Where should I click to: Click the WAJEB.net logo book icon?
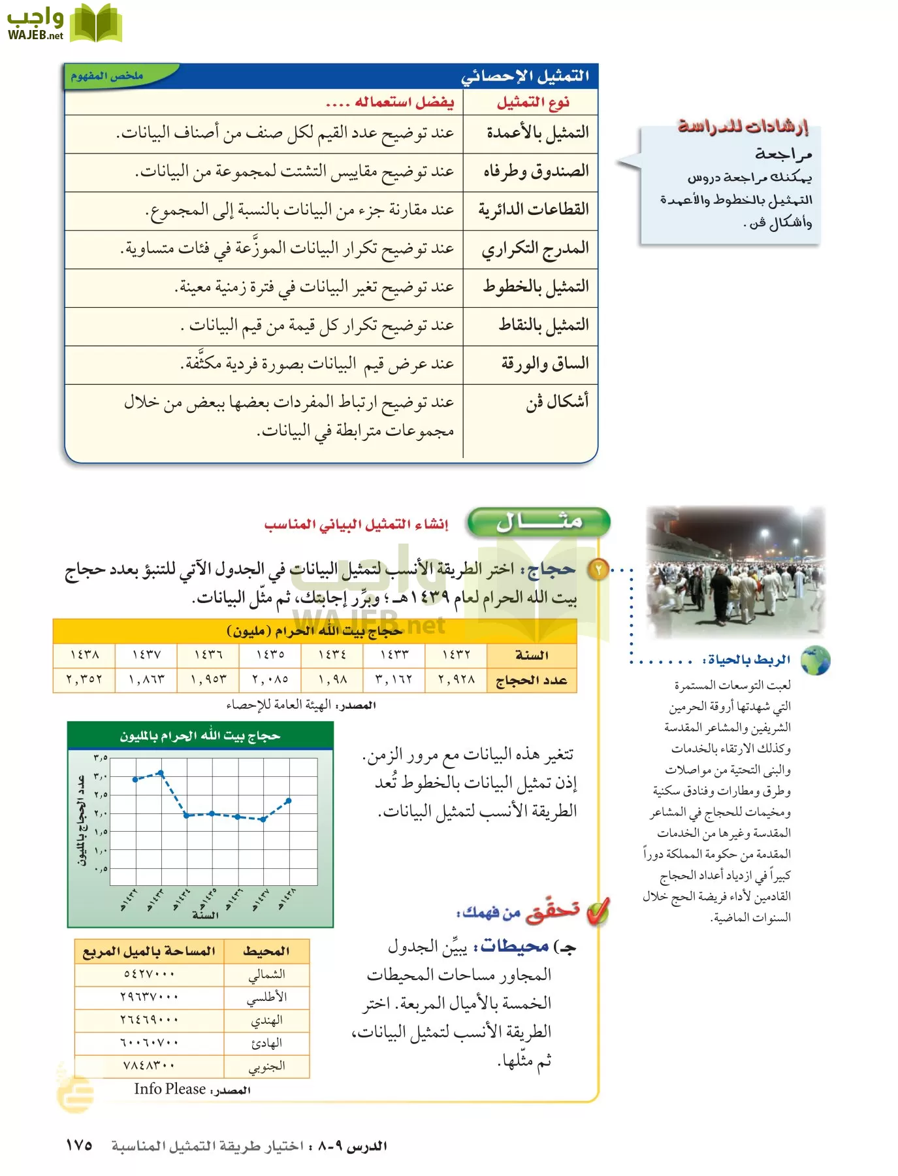tap(95, 24)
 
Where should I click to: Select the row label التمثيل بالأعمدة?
tap(537, 133)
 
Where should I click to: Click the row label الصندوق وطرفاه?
tap(536, 172)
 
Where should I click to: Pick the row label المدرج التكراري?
tap(535, 249)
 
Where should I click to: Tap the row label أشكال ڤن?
tap(557, 401)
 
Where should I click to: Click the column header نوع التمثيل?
tap(533, 103)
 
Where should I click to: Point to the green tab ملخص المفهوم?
tap(108, 76)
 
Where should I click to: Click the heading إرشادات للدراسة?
tap(743, 126)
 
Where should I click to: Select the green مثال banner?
tap(539, 522)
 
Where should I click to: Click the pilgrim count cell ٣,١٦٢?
tap(394, 679)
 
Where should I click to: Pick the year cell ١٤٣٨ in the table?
tap(84, 654)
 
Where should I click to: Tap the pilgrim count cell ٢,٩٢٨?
tap(456, 679)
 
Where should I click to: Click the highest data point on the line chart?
tap(161, 773)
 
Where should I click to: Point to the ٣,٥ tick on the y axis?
tap(101, 758)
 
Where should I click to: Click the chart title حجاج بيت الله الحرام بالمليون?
tap(200, 736)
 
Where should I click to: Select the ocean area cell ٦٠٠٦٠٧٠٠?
tap(150, 1043)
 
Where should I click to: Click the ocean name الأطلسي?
tap(266, 998)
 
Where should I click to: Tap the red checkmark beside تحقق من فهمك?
tap(598, 912)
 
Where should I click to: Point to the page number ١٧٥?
tap(79, 1145)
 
